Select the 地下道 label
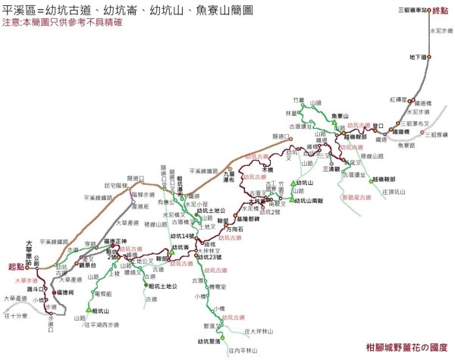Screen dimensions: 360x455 click(x=417, y=57)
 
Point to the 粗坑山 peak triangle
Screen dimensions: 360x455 click(x=89, y=308)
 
